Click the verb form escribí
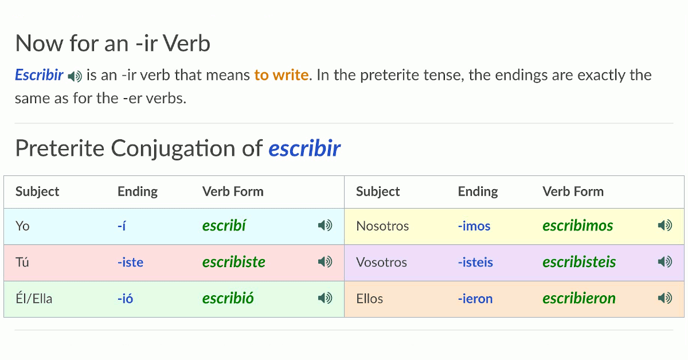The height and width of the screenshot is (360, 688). coord(224,226)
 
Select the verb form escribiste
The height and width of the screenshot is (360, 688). coord(234,262)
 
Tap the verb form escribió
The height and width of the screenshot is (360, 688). coord(228,298)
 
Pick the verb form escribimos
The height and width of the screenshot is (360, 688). coord(577,226)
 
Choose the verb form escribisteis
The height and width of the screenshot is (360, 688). coord(579,262)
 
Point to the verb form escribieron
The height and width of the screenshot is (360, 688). coord(579,298)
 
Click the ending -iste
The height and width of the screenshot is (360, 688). coord(130,263)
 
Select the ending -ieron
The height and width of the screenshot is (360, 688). coord(475,299)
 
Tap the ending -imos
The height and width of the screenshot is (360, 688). coord(474,226)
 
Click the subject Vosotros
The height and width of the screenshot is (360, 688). coord(381,263)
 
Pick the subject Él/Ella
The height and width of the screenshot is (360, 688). coord(34,299)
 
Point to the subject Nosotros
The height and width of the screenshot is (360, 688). coord(382,226)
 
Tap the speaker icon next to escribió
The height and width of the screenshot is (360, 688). coord(325,298)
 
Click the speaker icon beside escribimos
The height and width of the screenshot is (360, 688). coord(665,226)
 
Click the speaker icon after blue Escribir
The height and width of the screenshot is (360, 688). coord(75,76)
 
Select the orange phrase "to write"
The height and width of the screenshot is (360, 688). coord(282,75)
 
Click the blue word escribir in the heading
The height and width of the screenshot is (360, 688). coord(304,148)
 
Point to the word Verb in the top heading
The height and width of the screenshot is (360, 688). coord(186,44)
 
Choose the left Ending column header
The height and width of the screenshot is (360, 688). coord(138,191)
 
